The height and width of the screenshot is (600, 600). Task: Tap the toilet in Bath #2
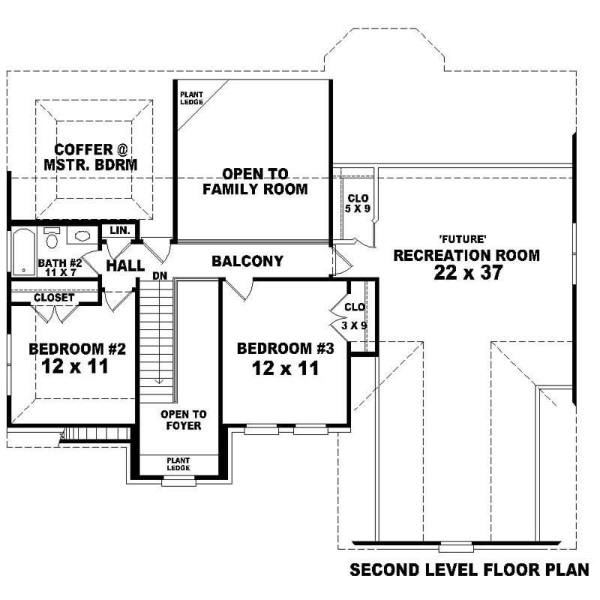[52, 239]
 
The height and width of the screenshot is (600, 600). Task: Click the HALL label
[125, 266]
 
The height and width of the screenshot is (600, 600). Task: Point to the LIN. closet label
[120, 230]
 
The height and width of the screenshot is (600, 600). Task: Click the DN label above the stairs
[159, 275]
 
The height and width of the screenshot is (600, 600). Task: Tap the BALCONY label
[247, 261]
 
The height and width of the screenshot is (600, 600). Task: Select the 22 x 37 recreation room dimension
[466, 273]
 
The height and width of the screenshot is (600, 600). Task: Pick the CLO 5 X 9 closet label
[358, 203]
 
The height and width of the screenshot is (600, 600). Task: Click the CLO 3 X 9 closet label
[354, 316]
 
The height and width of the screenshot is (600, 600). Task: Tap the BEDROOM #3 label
[284, 349]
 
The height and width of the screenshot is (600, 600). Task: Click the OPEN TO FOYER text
[183, 420]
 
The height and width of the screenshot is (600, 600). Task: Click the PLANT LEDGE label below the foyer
[178, 464]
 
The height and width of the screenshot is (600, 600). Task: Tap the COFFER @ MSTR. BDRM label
[94, 157]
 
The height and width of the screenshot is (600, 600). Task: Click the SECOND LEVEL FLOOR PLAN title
[469, 571]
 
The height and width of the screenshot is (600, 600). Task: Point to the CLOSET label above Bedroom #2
[54, 298]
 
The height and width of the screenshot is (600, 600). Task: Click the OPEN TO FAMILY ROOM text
[255, 181]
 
